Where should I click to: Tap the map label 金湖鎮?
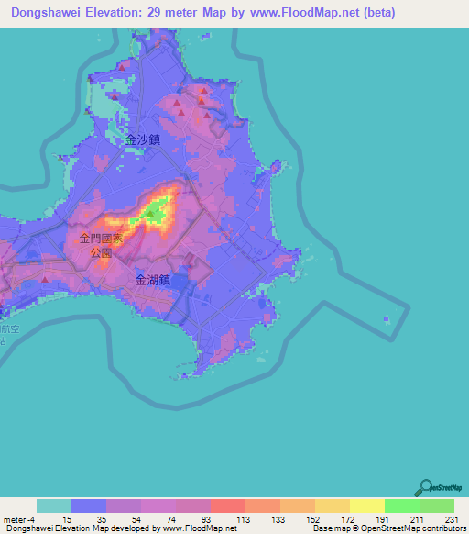click(x=153, y=281)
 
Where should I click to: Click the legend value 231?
click(x=451, y=518)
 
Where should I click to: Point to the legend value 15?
click(x=65, y=518)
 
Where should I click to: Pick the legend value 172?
click(x=346, y=518)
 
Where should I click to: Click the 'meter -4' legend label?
click(x=18, y=518)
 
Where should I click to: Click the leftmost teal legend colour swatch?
click(x=54, y=506)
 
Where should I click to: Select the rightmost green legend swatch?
click(x=437, y=506)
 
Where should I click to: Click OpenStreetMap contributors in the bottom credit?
click(x=398, y=528)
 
